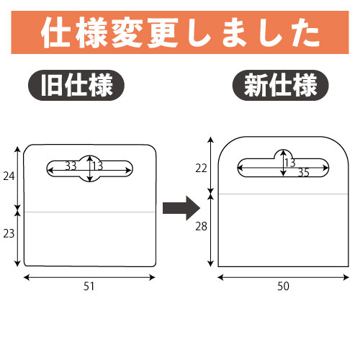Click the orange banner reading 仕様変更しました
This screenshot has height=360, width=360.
point(180,32)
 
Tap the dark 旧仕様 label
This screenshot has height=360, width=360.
point(76,85)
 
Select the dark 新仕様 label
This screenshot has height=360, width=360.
point(280,85)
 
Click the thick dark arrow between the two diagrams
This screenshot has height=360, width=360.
point(181,208)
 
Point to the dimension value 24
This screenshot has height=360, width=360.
point(9,176)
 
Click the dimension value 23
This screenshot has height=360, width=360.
point(9,233)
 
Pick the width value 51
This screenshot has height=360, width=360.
point(89,287)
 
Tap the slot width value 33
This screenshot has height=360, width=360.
point(71,166)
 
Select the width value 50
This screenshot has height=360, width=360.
point(283,287)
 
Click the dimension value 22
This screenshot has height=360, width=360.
point(201,168)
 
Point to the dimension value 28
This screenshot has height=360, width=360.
point(201,226)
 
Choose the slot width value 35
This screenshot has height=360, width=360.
point(304,173)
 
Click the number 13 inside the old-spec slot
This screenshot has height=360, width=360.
point(98,166)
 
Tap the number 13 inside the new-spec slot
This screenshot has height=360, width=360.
point(290,163)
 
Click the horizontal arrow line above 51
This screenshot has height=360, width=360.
point(89,277)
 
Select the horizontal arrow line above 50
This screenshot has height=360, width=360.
point(283,277)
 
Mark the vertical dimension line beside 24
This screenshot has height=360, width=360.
point(17,178)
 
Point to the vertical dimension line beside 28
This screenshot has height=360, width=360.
point(211,230)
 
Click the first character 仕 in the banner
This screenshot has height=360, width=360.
point(56,32)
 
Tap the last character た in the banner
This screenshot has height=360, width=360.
point(305,33)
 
